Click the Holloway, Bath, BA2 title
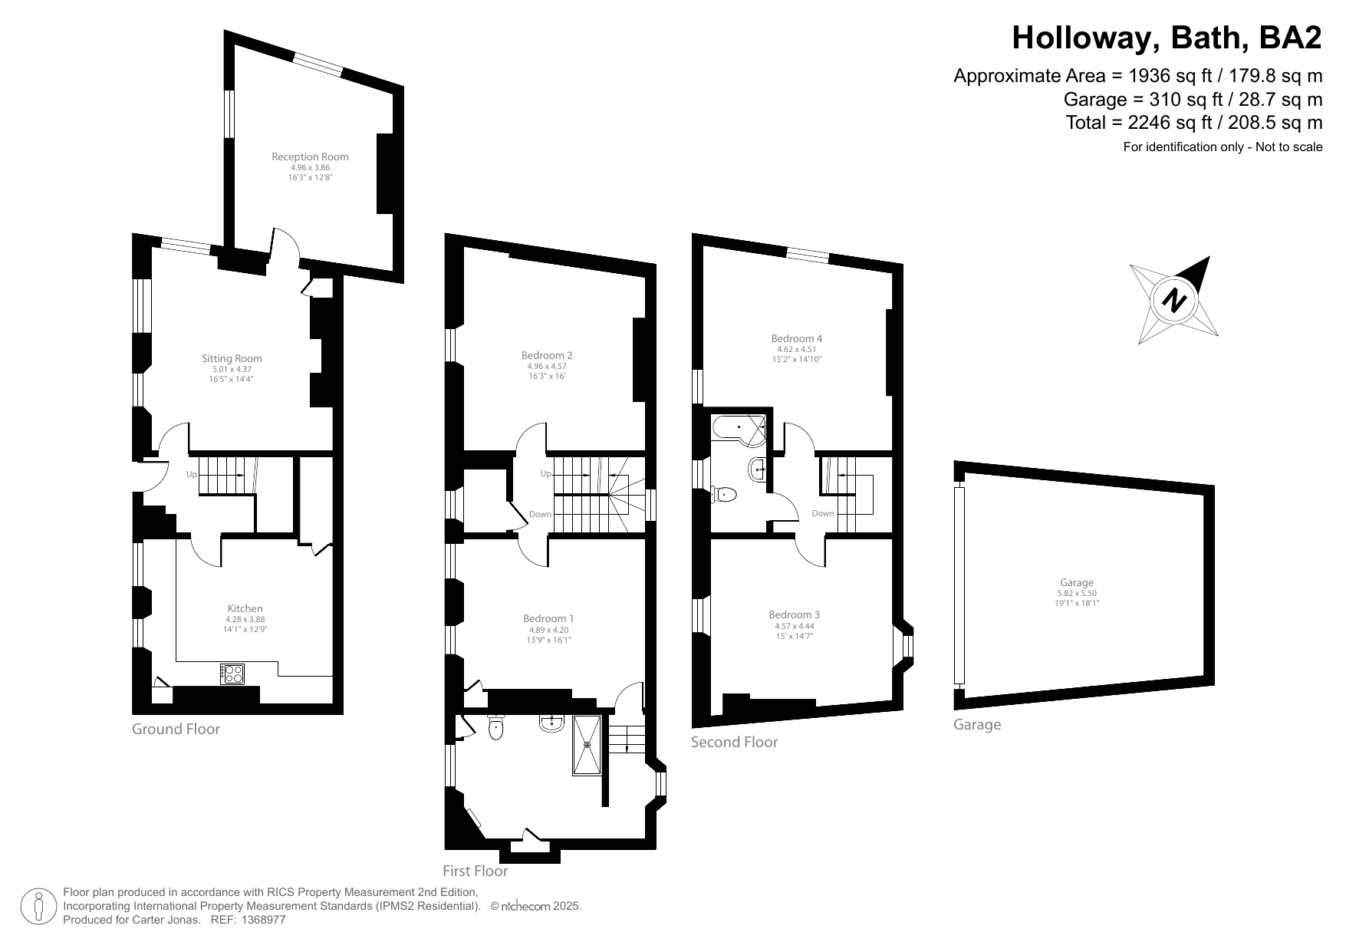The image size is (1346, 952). click(x=1167, y=38)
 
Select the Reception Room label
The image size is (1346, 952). click(x=310, y=156)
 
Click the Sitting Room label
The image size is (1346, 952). click(x=232, y=358)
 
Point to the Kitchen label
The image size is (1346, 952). click(x=245, y=608)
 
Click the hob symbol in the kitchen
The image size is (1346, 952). click(x=232, y=674)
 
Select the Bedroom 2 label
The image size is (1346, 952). click(x=547, y=355)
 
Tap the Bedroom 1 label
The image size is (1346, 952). click(x=548, y=618)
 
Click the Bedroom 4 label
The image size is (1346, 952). click(x=797, y=338)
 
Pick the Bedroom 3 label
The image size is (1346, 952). click(x=795, y=614)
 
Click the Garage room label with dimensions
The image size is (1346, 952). click(x=1077, y=583)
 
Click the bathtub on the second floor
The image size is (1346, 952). click(x=739, y=430)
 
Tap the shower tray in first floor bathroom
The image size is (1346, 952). click(x=588, y=744)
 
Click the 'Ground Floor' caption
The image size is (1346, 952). click(x=176, y=730)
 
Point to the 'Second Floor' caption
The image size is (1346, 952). click(x=734, y=743)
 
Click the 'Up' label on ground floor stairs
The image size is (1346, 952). click(x=192, y=475)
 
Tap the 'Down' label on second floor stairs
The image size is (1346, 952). click(x=822, y=514)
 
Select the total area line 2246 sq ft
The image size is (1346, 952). click(x=1193, y=123)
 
